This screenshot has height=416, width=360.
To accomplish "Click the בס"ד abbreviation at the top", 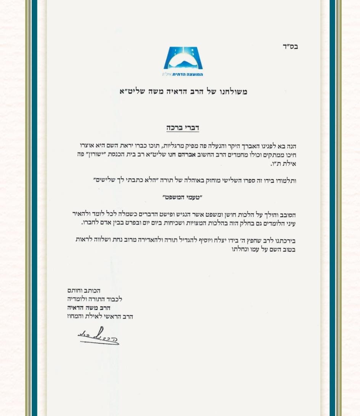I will [x=290, y=46].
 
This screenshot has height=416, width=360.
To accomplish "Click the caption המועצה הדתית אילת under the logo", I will [x=183, y=74].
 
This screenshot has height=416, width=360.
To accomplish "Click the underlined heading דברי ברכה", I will [x=183, y=128].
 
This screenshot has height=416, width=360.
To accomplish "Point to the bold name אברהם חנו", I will [x=183, y=155].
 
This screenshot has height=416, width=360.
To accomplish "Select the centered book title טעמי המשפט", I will [x=182, y=197].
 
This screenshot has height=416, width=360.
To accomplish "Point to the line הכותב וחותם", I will [x=84, y=291].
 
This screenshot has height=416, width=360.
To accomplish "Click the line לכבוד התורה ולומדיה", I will [x=95, y=299].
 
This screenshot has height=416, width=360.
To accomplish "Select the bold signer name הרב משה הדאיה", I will [x=89, y=308].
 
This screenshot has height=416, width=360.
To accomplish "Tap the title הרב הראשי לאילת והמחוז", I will [x=100, y=316].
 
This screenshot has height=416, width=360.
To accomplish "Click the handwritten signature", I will [x=98, y=336].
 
